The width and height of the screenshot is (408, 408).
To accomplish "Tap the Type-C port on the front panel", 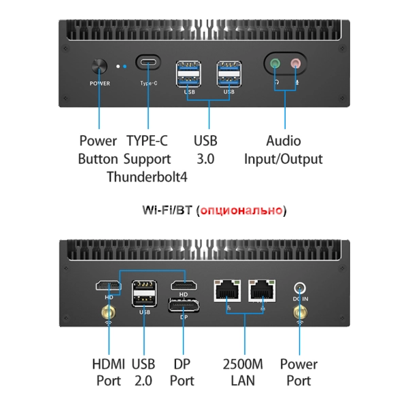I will (x=148, y=64).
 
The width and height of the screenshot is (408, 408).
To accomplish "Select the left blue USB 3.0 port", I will (x=190, y=74).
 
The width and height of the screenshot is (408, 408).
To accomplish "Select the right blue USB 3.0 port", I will (x=228, y=74).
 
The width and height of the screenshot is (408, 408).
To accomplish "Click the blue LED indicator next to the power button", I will (x=125, y=67).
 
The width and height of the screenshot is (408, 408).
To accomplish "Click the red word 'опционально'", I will (x=241, y=211).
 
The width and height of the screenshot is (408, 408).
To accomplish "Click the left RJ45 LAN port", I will (x=228, y=290).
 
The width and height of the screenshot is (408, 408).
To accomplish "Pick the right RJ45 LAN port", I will (x=262, y=290).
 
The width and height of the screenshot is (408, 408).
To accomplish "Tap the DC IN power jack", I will (x=299, y=288).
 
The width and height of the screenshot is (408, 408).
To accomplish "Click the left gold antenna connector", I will (x=107, y=313).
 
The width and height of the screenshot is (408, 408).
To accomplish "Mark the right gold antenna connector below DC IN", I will (x=299, y=313).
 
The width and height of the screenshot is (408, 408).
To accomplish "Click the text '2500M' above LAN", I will (x=242, y=363).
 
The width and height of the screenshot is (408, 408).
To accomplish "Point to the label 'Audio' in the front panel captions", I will (x=283, y=141).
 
